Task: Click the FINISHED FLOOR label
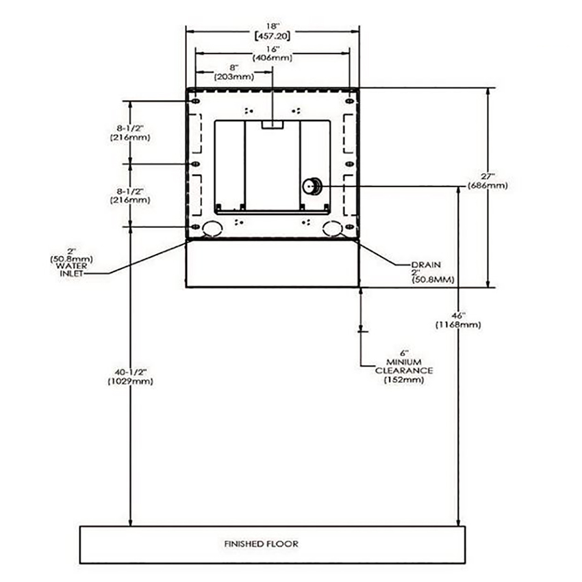(x=261, y=544)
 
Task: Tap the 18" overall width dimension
(x=273, y=31)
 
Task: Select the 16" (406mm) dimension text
(x=273, y=53)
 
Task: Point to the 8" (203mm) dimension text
(x=234, y=73)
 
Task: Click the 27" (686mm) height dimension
(x=488, y=181)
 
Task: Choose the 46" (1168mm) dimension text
(x=458, y=320)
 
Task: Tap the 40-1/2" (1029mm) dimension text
(x=130, y=377)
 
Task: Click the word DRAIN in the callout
(x=426, y=265)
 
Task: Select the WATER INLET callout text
(x=73, y=270)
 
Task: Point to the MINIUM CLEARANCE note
(x=404, y=366)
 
